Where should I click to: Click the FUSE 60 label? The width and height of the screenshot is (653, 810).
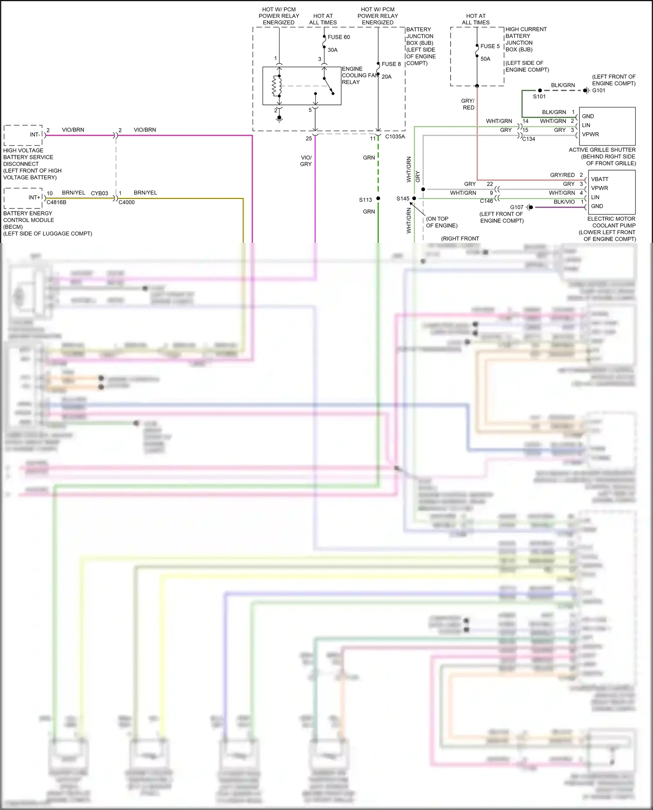pyautogui.click(x=338, y=37)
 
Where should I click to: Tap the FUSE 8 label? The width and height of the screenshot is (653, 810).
pyautogui.click(x=391, y=64)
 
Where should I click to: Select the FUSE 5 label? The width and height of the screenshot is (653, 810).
pyautogui.click(x=490, y=46)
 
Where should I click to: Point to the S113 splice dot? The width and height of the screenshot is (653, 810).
pyautogui.click(x=378, y=198)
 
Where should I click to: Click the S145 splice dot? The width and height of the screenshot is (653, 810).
pyautogui.click(x=414, y=198)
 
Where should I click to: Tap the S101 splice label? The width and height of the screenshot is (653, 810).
pyautogui.click(x=539, y=97)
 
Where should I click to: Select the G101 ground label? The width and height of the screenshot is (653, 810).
pyautogui.click(x=599, y=91)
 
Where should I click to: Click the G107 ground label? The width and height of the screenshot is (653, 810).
pyautogui.click(x=517, y=207)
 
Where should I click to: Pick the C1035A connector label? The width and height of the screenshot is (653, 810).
pyautogui.click(x=395, y=137)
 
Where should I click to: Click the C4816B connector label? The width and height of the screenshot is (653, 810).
pyautogui.click(x=57, y=202)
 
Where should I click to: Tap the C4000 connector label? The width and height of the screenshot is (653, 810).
pyautogui.click(x=127, y=202)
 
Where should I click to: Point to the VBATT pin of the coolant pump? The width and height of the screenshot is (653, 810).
pyautogui.click(x=599, y=179)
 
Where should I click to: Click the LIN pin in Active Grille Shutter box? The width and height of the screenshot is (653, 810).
pyautogui.click(x=586, y=125)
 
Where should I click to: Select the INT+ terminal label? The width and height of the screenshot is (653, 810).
pyautogui.click(x=34, y=198)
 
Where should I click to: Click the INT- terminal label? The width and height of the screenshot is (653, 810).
pyautogui.click(x=34, y=135)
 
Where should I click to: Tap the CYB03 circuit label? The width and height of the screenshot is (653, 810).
pyautogui.click(x=99, y=193)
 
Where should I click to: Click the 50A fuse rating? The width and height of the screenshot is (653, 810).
pyautogui.click(x=485, y=59)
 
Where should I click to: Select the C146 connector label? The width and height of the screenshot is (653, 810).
pyautogui.click(x=486, y=201)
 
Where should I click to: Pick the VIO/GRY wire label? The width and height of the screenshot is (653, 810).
pyautogui.click(x=306, y=161)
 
